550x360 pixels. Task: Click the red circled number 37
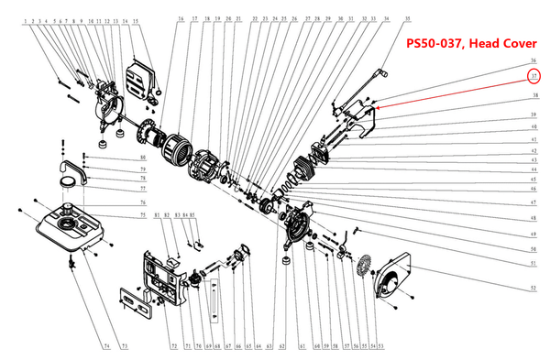click(532, 76)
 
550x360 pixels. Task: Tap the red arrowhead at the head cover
click(378, 108)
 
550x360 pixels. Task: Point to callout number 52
click(533, 289)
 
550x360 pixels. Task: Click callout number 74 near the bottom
click(105, 346)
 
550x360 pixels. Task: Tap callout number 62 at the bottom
click(281, 346)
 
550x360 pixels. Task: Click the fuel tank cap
click(67, 191)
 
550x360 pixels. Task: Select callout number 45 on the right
click(532, 179)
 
